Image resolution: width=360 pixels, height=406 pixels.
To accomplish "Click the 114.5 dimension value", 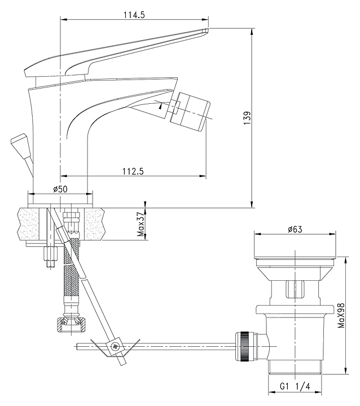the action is (134, 15).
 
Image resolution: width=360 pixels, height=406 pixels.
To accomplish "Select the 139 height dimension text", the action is (247, 118).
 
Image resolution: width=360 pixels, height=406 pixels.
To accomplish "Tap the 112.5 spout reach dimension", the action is (133, 171).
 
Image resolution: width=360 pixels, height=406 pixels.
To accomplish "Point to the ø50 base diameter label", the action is (60, 189).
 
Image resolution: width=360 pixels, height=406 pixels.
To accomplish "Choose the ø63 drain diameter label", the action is (295, 229).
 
